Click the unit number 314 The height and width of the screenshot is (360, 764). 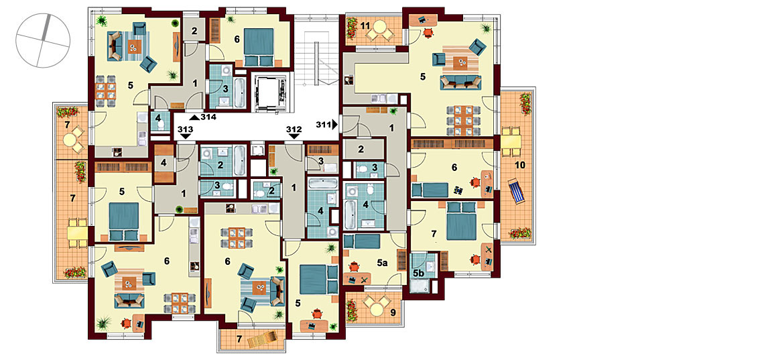coord(209,117)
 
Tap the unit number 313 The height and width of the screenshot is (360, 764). coord(185,129)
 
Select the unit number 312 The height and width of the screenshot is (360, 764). coord(294,129)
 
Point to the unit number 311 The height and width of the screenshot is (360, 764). coord(323,125)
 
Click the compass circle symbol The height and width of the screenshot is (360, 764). coord(43,40)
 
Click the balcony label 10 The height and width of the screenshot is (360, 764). coord(520,165)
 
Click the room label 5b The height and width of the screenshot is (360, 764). coord(418,273)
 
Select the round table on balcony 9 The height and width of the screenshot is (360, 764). coord(375,308)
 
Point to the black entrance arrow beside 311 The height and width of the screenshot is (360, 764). coord(334,125)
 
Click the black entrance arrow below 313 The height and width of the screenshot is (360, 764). coord(185,136)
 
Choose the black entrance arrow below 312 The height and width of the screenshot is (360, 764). coord(294,136)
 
